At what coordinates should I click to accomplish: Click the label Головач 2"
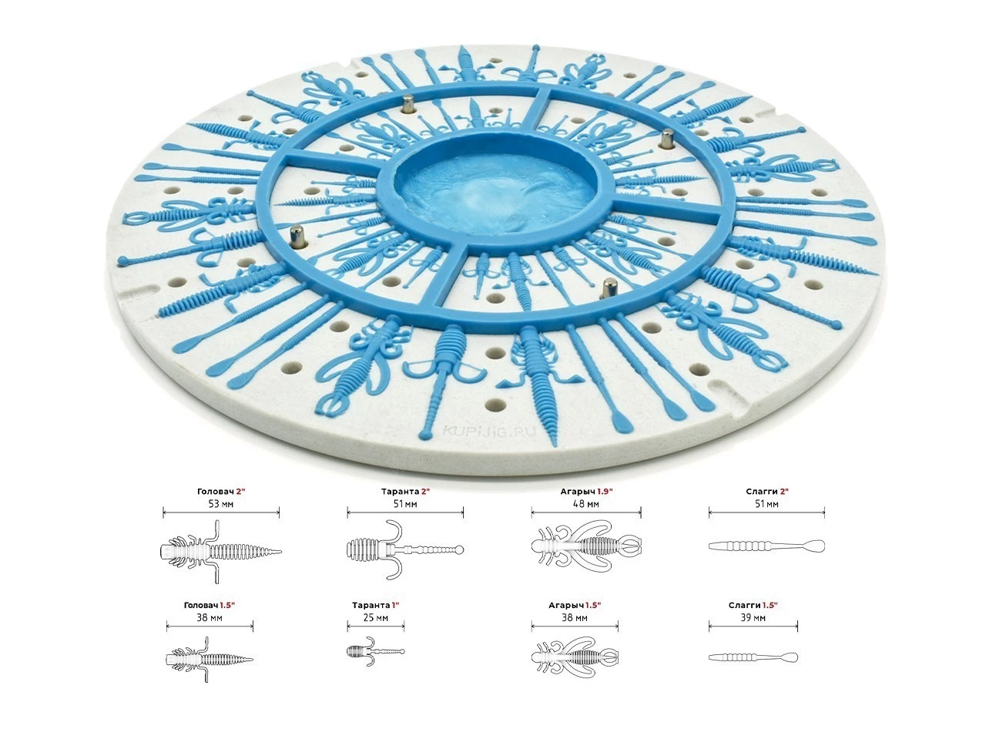click(x=221, y=492)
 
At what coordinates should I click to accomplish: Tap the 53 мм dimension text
click(x=221, y=504)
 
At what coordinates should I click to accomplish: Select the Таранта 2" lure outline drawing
click(x=405, y=549)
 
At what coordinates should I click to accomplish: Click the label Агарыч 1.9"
click(x=586, y=492)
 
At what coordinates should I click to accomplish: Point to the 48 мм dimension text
click(x=586, y=504)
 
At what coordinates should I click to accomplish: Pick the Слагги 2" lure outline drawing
click(x=766, y=546)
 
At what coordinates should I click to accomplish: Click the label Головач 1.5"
click(x=209, y=606)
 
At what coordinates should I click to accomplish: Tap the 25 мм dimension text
click(x=376, y=618)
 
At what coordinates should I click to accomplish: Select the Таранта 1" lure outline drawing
click(x=376, y=652)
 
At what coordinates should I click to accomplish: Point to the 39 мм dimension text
click(x=753, y=618)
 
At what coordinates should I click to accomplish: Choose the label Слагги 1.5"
click(x=753, y=606)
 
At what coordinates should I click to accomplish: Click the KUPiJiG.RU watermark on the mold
click(x=489, y=431)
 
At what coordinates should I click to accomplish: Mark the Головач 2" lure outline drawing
click(x=220, y=552)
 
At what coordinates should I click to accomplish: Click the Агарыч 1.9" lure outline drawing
click(x=586, y=545)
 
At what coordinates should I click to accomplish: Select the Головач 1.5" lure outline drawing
click(x=210, y=659)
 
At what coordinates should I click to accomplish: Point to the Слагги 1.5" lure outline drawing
click(x=753, y=657)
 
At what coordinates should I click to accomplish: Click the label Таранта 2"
click(x=405, y=492)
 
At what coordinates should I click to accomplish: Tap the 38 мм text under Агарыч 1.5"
click(x=575, y=618)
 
